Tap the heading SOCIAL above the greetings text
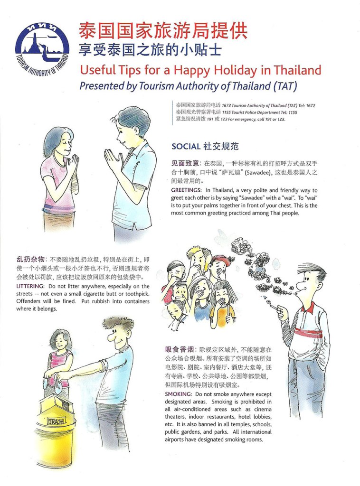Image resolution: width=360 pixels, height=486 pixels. pos(186,146)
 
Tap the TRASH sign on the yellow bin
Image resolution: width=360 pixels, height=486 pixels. pos(56,421)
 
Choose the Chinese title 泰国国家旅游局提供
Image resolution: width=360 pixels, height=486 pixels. pos(163,31)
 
